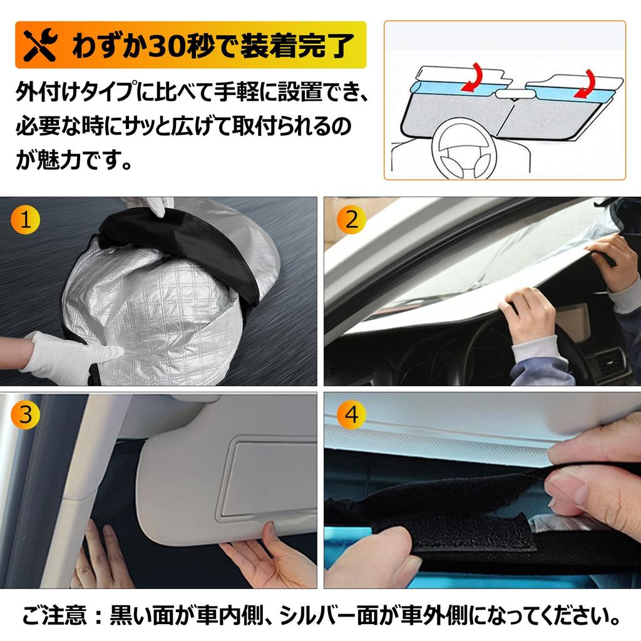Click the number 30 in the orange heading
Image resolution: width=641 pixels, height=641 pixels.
(x=166, y=46)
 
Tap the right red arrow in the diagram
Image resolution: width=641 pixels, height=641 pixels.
(x=587, y=81)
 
